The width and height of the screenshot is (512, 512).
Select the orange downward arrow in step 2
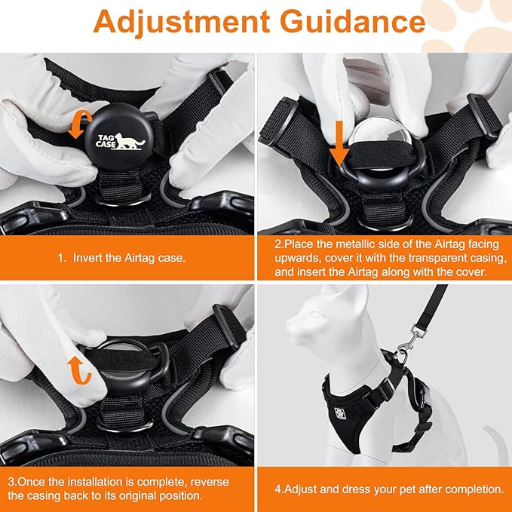[341, 139]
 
